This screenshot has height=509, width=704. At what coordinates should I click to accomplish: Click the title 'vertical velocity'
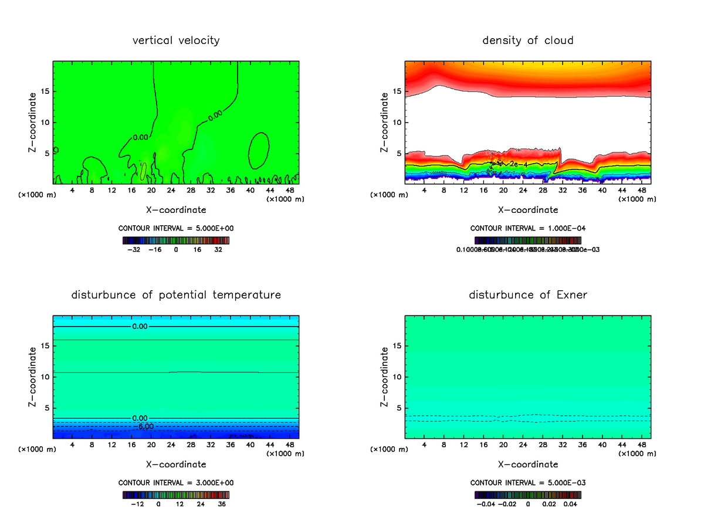point(176,40)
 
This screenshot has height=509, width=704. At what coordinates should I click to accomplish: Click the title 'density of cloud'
point(528,40)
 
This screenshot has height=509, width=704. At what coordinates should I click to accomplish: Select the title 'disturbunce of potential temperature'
point(176,294)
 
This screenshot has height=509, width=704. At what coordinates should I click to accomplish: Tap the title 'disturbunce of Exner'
point(528,294)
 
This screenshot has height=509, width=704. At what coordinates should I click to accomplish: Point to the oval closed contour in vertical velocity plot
point(259,152)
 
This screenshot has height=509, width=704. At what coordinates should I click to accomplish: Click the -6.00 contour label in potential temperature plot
point(146,426)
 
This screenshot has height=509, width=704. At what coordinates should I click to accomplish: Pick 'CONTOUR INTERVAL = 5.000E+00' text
point(176,228)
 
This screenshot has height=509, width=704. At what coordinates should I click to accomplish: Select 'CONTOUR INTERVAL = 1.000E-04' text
point(528,228)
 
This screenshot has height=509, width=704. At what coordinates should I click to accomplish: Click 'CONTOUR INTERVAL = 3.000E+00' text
point(176,483)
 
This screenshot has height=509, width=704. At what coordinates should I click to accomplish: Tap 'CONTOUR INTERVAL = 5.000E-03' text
point(528,483)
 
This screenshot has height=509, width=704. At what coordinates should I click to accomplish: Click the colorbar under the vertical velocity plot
point(176,240)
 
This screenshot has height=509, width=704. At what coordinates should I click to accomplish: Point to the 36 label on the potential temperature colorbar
point(222,504)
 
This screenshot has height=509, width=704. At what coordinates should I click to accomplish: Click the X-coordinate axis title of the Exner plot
point(528,464)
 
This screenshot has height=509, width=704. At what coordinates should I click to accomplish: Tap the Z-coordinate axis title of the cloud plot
point(385,123)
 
